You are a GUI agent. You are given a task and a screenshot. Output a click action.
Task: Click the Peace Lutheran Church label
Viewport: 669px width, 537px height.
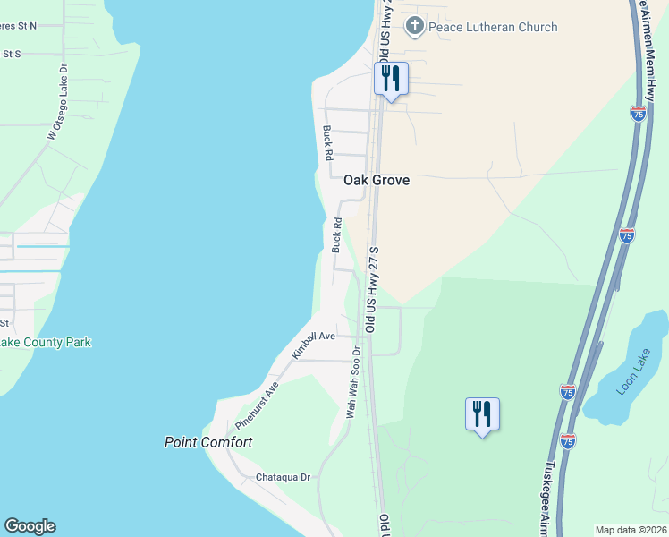click(x=493, y=27)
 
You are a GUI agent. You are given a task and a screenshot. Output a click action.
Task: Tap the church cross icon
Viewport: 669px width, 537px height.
click(x=414, y=26)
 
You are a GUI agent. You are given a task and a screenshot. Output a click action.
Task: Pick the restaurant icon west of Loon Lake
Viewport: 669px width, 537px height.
click(x=482, y=413)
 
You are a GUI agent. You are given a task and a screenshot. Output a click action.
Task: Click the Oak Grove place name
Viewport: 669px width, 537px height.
click(x=377, y=180)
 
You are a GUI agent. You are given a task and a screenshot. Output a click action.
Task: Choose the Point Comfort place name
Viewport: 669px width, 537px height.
click(x=208, y=442)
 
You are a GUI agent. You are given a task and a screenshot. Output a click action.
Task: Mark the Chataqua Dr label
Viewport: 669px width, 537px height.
click(x=283, y=478)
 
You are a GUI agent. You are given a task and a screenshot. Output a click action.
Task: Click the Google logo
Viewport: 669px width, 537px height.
click(x=30, y=526)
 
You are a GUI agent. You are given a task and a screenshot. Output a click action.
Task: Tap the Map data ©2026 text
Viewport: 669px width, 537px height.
click(x=630, y=530)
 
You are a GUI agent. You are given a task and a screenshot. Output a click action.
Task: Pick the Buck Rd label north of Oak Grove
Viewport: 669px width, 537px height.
click(x=328, y=142)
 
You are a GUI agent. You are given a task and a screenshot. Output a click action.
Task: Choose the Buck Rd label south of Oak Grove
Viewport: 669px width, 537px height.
click(x=337, y=234)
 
